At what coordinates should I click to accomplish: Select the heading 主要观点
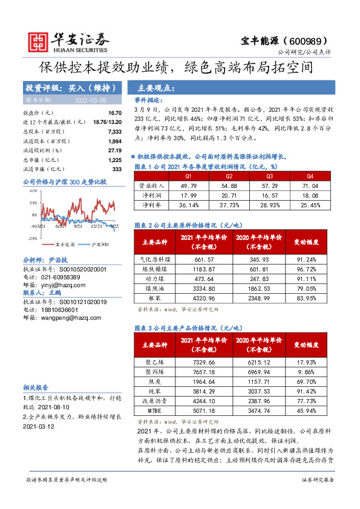click(x=156, y=88)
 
